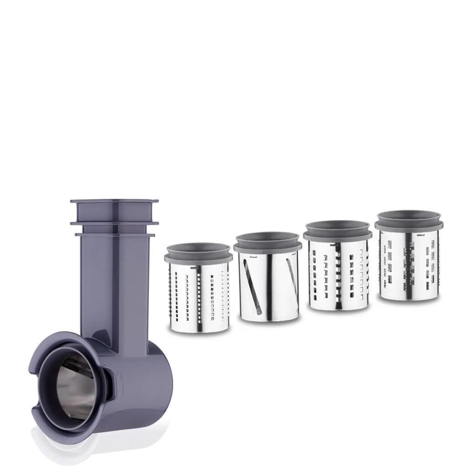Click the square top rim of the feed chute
[x=114, y=201]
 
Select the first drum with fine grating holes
[x=199, y=296]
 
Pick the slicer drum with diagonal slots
[x=268, y=285]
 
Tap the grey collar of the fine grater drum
[x=198, y=254]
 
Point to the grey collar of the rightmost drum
[x=409, y=222]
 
